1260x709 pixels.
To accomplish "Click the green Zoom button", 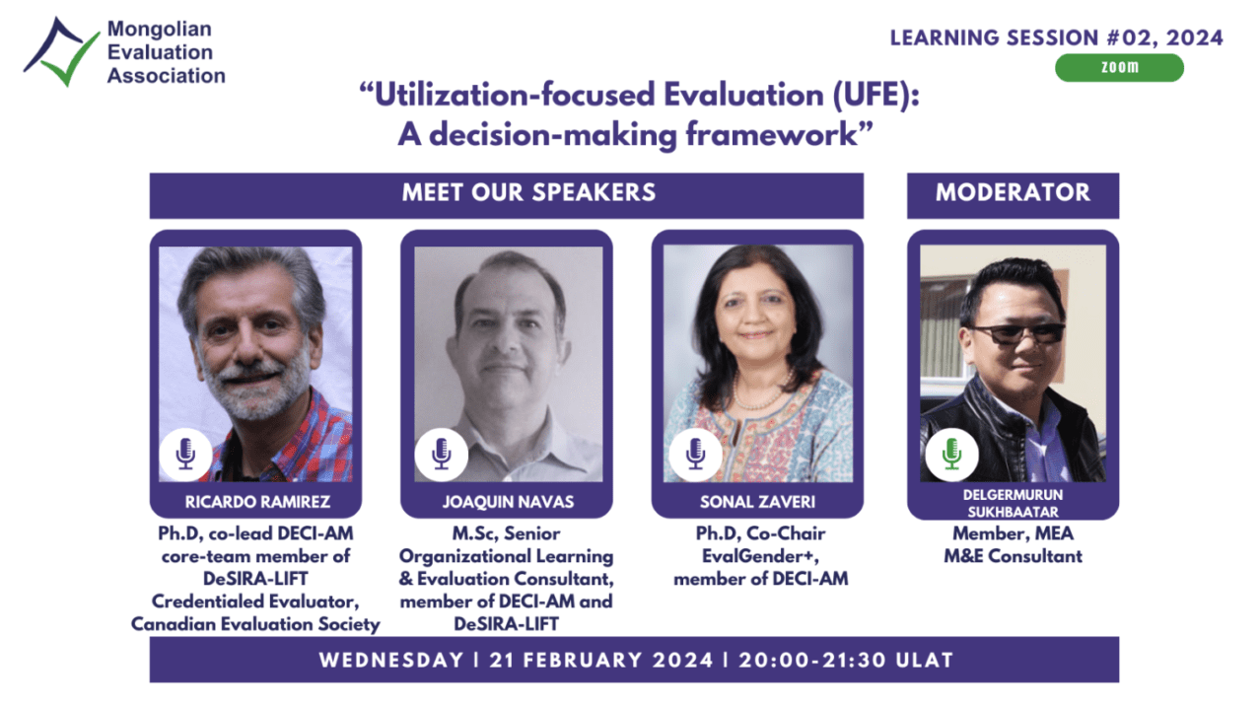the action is click(x=1119, y=67).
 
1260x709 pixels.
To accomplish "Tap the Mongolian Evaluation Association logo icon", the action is click(x=61, y=51).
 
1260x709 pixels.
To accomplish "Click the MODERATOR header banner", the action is click(x=1013, y=195).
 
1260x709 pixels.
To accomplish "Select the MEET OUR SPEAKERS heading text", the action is click(x=528, y=192).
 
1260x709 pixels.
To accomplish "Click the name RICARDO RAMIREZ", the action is click(x=257, y=501).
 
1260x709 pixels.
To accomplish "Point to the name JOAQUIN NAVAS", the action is click(x=508, y=501).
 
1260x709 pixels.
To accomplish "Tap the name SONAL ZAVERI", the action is click(x=757, y=501).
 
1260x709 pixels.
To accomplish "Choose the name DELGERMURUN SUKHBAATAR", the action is click(x=1013, y=503).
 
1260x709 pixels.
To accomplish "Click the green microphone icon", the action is click(x=951, y=455).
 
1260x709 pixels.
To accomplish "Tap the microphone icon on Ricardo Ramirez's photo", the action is click(x=185, y=455).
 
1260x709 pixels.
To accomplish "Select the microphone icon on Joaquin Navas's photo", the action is click(x=441, y=455).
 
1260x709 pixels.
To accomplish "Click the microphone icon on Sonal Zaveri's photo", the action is click(x=696, y=455).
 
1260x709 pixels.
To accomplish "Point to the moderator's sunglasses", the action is click(x=1018, y=333).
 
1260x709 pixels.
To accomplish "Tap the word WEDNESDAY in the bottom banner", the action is click(x=391, y=660).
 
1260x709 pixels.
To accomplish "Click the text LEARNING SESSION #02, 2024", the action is click(x=1056, y=37).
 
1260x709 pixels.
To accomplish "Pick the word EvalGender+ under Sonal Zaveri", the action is click(x=760, y=556).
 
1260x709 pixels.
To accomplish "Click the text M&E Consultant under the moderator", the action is click(x=1013, y=556).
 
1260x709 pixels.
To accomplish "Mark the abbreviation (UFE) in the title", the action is click(x=876, y=95).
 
